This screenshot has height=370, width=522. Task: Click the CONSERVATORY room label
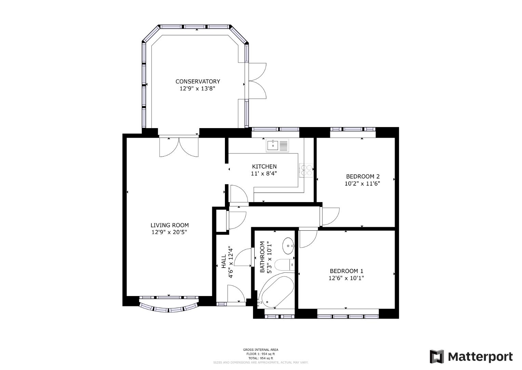[x=198, y=82]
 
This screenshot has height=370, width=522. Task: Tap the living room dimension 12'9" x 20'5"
[x=169, y=232]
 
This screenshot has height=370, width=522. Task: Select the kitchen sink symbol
[x=278, y=145]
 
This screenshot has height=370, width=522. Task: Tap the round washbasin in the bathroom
[x=288, y=246]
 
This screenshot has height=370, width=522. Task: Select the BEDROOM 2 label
[x=362, y=176]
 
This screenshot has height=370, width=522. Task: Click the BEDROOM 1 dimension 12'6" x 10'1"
[x=346, y=278]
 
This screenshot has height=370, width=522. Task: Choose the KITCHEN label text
[x=264, y=166]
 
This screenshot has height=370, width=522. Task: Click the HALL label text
[x=224, y=261]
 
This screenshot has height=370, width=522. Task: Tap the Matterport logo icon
[x=437, y=357]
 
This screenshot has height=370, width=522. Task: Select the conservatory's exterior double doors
[x=256, y=81]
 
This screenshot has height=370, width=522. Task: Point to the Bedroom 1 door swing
[x=308, y=238]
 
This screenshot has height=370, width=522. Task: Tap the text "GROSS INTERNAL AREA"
[x=260, y=350]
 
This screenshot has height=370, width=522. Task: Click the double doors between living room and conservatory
[x=179, y=147]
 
